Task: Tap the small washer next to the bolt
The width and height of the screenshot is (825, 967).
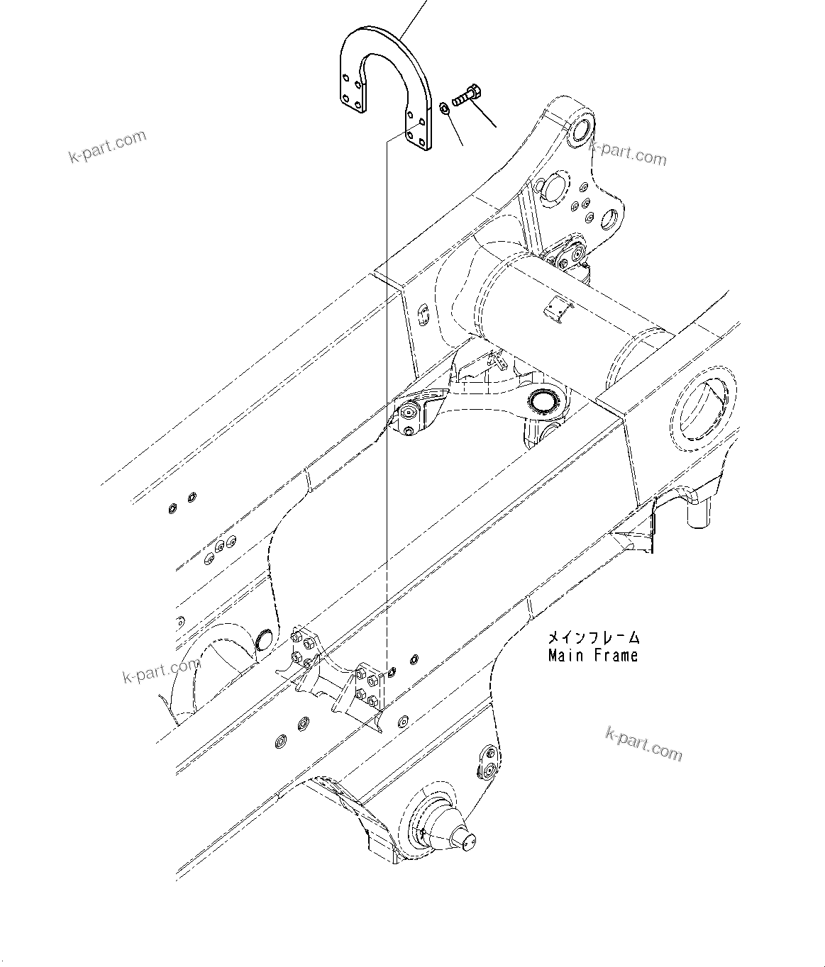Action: coord(443,108)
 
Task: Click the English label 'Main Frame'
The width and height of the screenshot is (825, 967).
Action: coord(592,656)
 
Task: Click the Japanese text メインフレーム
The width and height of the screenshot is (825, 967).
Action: coord(593,637)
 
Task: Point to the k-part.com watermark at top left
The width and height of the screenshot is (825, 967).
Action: coord(107,146)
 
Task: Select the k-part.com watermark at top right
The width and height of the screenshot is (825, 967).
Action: coord(629,152)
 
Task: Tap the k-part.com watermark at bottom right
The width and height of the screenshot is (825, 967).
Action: coord(644,743)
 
